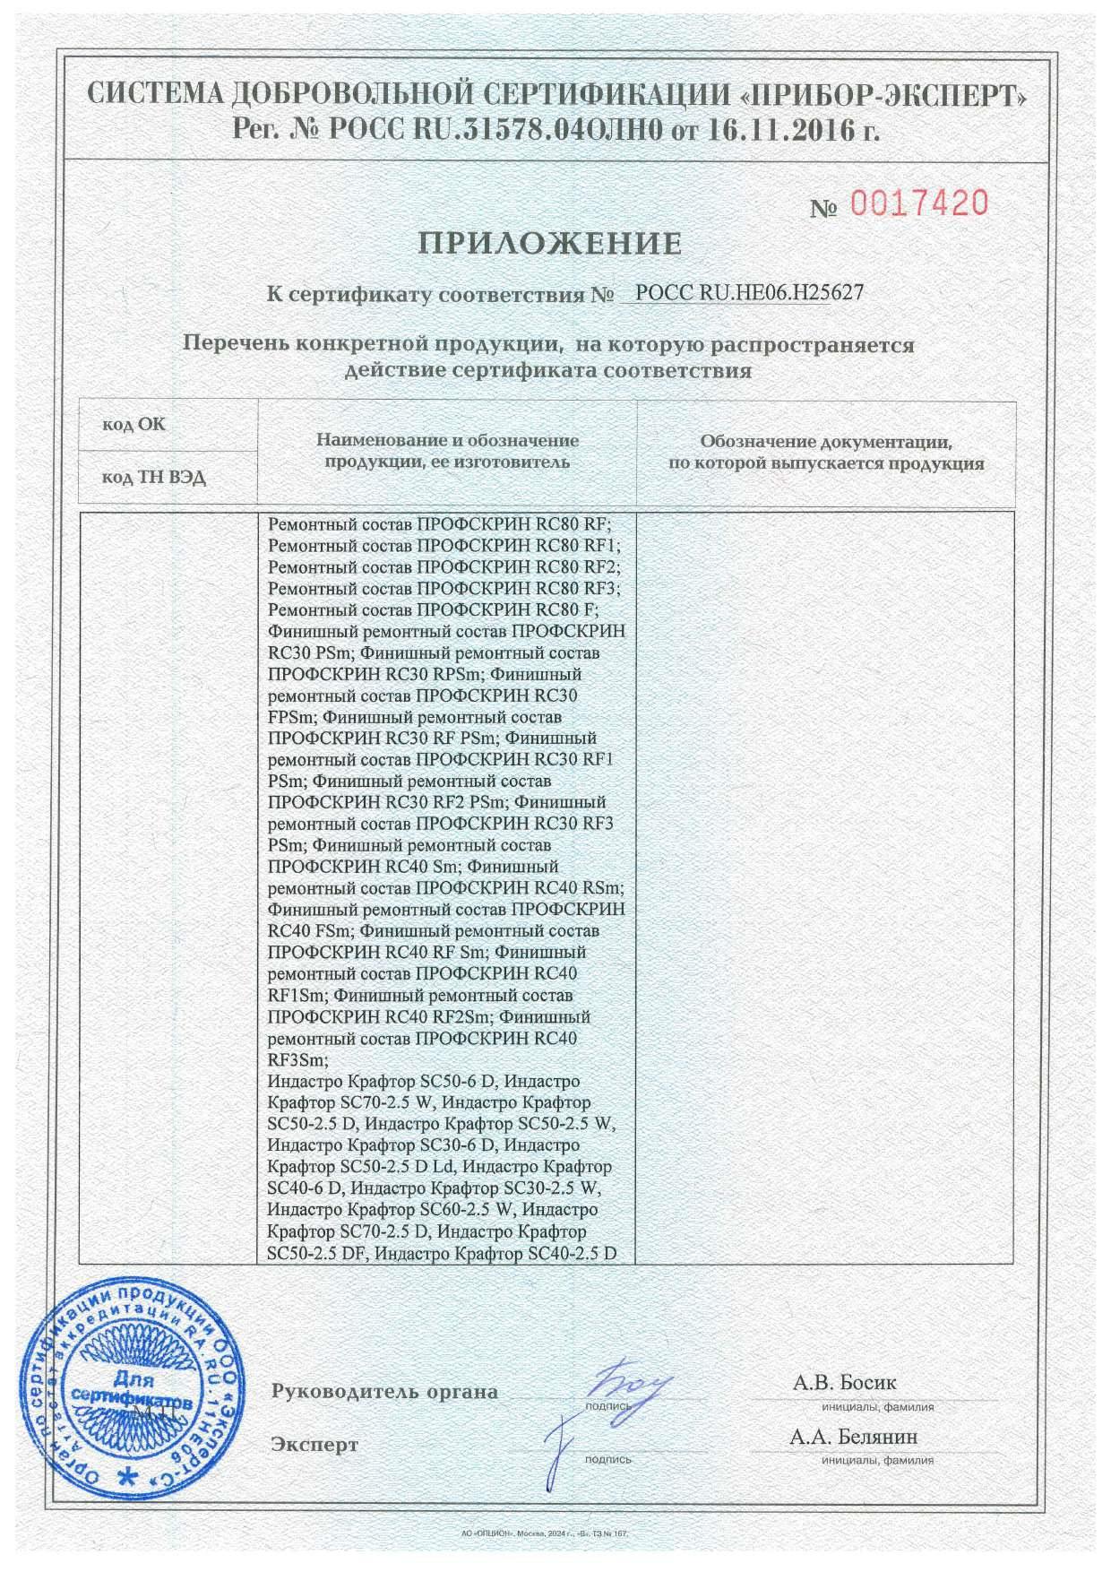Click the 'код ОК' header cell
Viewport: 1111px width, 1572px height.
(x=133, y=424)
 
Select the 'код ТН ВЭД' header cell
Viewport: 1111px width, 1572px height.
(x=153, y=478)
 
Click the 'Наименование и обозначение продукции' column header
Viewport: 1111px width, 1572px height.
(x=446, y=451)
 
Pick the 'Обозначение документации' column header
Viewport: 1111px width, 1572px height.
(x=825, y=452)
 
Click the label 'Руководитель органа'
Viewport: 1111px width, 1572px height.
(x=383, y=1392)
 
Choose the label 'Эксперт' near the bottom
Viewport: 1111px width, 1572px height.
(x=314, y=1445)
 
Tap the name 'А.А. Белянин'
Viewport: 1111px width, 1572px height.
(x=853, y=1437)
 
